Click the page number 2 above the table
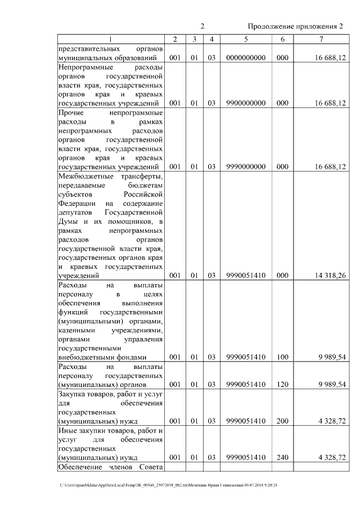(x=202, y=26)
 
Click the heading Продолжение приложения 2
(x=295, y=26)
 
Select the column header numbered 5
(x=246, y=39)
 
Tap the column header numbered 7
(x=321, y=39)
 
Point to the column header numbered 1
(x=110, y=39)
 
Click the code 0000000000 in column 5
(x=246, y=57)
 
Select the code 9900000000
(x=246, y=103)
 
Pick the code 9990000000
(x=246, y=167)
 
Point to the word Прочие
(x=70, y=112)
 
